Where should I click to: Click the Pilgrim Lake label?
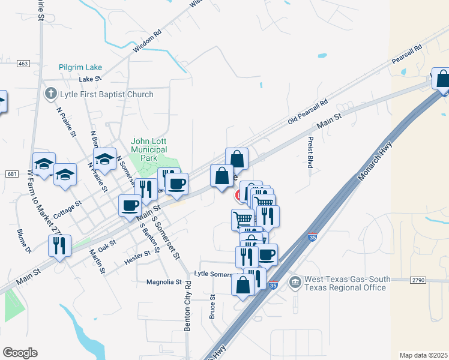(80, 68)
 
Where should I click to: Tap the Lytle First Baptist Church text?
(106, 94)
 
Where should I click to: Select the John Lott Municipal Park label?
(149, 149)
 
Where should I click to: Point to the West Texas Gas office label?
(345, 283)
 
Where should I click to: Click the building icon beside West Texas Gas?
(295, 282)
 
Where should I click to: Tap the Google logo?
(20, 353)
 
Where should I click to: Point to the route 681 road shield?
(12, 173)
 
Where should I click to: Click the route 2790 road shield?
(418, 280)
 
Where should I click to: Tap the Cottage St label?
(67, 210)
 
